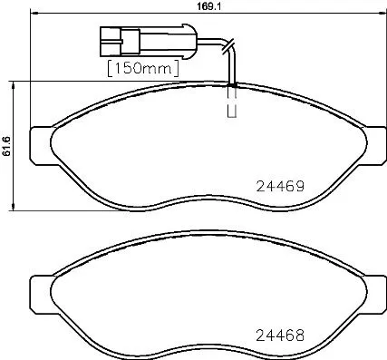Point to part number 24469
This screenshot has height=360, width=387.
[x=275, y=184]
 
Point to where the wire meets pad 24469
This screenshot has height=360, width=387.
[x=233, y=85]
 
